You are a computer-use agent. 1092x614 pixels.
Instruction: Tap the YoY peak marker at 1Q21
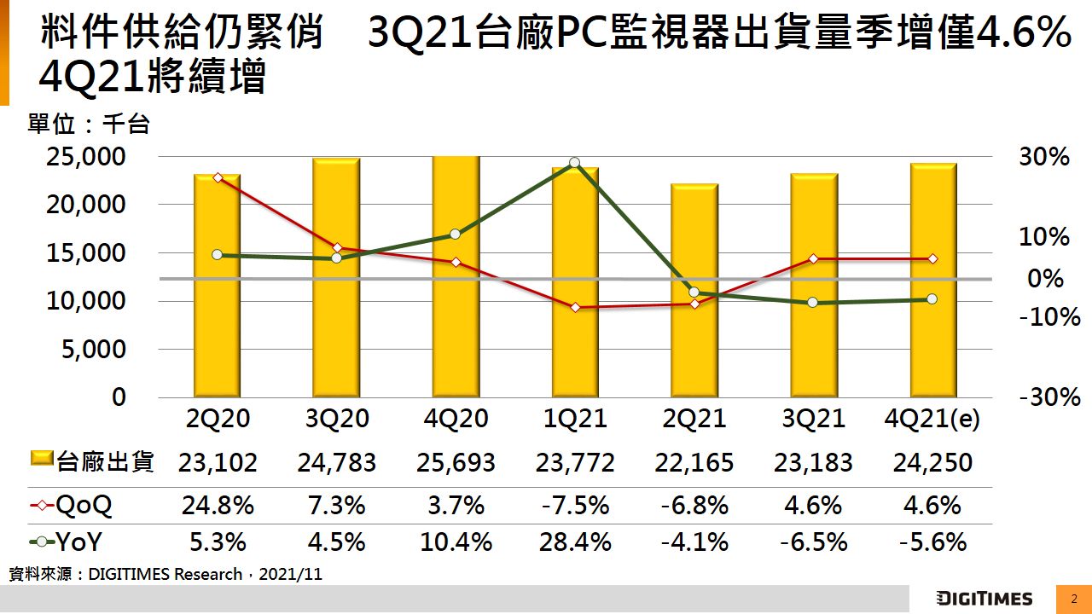tap(574, 163)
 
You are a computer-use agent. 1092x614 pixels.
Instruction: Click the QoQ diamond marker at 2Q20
tap(218, 177)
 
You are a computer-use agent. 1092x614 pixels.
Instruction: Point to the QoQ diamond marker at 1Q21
tap(575, 307)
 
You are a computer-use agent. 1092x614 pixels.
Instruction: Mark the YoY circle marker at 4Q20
tap(455, 234)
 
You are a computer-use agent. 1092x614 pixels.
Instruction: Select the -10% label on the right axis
tap(1049, 318)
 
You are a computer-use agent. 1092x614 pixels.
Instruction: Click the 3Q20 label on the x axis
tap(337, 419)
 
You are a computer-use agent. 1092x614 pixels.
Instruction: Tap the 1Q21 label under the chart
tap(575, 419)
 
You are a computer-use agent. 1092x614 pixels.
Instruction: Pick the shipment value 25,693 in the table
tap(456, 462)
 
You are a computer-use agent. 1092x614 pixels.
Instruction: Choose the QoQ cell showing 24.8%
tap(218, 506)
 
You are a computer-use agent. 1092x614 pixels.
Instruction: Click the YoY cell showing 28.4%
tap(575, 542)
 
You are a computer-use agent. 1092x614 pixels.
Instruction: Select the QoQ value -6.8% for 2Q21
tap(694, 506)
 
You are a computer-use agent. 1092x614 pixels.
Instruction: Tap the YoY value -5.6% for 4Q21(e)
tap(932, 542)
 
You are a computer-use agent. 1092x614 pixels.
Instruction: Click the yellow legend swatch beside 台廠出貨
tap(42, 460)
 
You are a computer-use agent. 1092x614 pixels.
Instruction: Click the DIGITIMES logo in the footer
tap(984, 599)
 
